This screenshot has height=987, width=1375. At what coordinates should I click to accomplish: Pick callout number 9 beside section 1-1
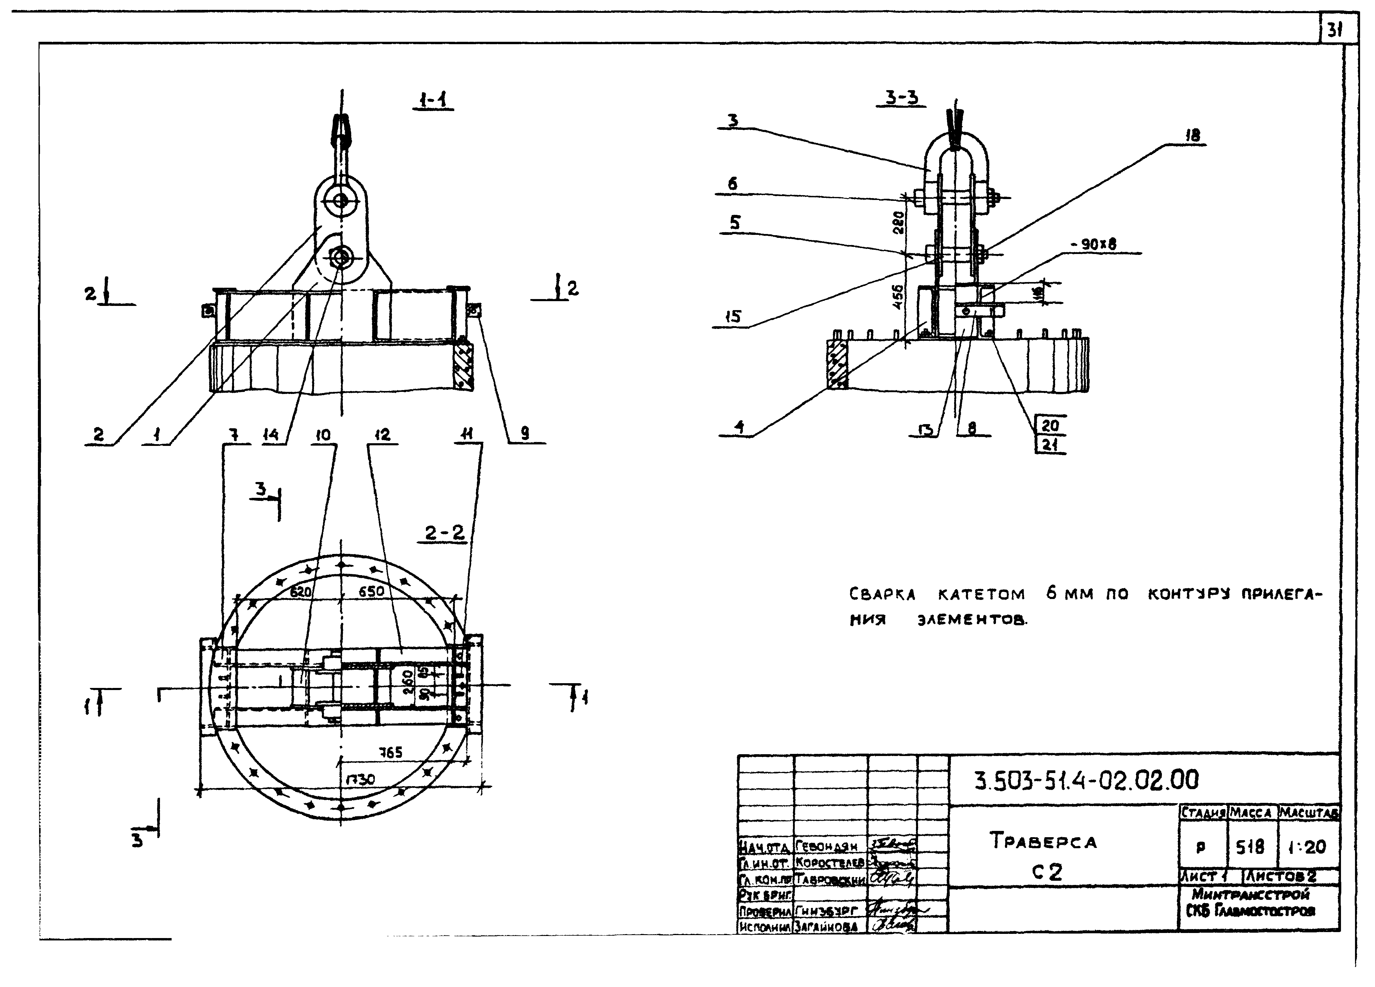click(x=525, y=433)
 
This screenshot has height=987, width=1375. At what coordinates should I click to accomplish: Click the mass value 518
click(x=1250, y=846)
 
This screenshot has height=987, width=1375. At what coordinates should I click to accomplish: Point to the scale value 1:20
click(x=1307, y=846)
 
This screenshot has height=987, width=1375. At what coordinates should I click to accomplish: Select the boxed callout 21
click(x=1049, y=444)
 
